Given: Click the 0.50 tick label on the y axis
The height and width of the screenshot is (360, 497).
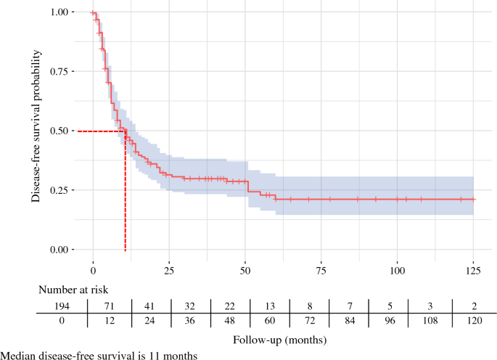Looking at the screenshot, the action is pos(59,131).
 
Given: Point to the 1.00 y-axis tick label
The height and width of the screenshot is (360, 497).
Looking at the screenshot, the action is pos(59,12).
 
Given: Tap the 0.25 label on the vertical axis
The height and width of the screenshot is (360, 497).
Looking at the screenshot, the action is pos(59,190).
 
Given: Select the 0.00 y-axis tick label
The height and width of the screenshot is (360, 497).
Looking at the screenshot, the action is pos(59,250).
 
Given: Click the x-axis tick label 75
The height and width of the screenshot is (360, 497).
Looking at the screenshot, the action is pos(321,271).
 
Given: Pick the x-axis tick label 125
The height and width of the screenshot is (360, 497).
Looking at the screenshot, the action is pos(473,271).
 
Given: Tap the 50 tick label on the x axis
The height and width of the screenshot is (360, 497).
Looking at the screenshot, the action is pos(245,271).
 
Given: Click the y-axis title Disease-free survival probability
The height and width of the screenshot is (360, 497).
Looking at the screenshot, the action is pos(36,126).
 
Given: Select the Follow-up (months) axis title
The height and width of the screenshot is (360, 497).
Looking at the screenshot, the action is pos(279,340).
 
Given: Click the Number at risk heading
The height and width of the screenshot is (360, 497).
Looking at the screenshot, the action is pos(73,290).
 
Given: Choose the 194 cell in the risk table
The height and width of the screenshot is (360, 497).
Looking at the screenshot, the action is pos(62,306).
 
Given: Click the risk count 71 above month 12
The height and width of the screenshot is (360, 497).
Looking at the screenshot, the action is pos(110,306).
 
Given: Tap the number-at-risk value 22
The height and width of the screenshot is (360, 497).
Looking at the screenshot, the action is pos(229,306).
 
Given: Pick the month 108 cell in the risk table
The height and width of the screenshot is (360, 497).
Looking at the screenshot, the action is pos(430,321).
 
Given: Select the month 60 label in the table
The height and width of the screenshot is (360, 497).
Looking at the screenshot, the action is pos(270,321).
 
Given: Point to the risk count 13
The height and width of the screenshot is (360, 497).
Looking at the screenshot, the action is pos(270,306).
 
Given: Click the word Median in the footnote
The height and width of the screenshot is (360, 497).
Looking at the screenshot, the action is pos(18,356).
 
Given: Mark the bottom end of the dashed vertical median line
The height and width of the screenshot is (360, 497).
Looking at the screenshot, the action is pos(126,251).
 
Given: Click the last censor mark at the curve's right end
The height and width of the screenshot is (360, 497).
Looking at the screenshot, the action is pos(473,199).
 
